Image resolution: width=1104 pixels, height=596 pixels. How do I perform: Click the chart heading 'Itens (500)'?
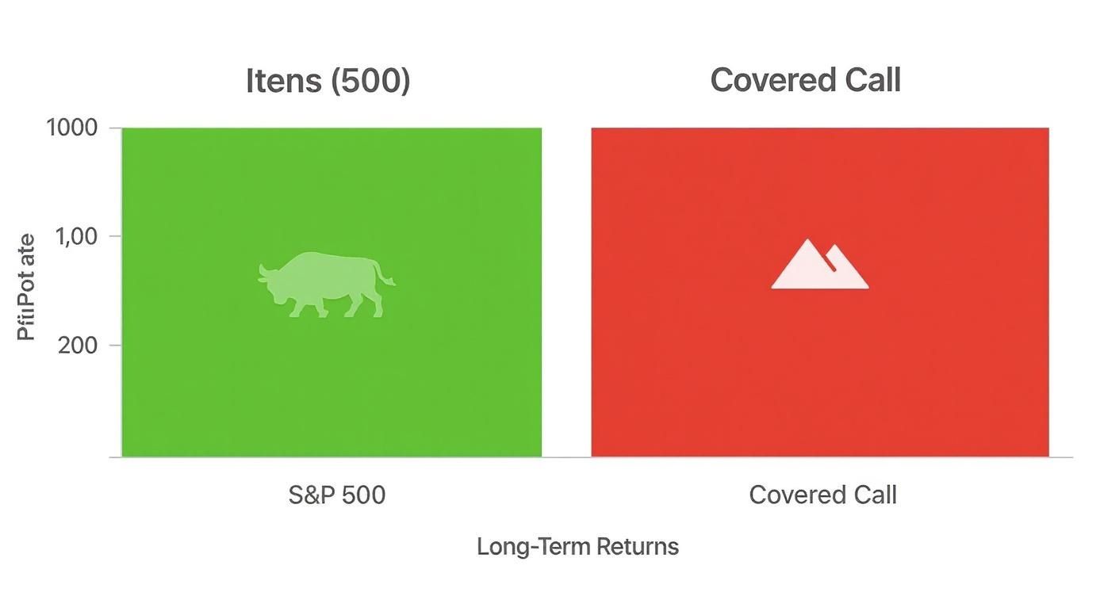coord(328,81)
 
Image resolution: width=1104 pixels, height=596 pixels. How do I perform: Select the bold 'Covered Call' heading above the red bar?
coord(805,80)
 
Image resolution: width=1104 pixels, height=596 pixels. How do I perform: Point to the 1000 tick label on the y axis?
coord(72,128)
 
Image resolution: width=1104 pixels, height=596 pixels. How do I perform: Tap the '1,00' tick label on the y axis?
coord(79,236)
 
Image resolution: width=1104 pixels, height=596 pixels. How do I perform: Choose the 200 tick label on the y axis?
coord(79,346)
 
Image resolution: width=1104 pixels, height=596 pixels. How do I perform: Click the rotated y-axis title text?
coord(26,287)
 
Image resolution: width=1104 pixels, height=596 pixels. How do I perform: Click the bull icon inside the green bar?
coord(325,285)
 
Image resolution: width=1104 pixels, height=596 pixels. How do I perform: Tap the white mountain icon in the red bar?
coord(819,266)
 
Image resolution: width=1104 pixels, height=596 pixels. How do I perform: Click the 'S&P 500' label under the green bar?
coord(336,495)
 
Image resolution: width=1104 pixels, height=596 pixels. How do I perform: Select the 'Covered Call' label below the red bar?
coord(822,495)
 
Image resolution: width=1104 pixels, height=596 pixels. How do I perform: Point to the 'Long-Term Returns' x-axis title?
coord(577,547)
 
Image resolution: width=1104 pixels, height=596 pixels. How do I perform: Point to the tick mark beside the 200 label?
coord(115,346)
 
